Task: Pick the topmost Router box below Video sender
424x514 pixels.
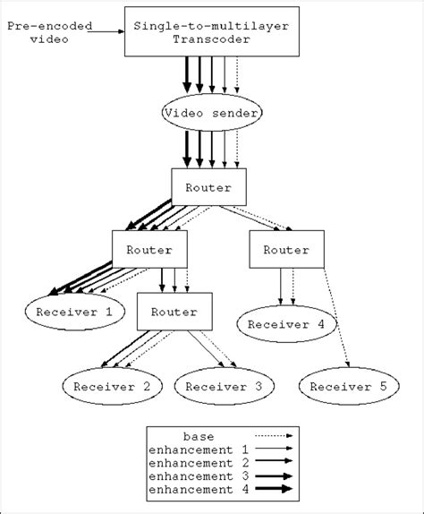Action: pyautogui.click(x=207, y=186)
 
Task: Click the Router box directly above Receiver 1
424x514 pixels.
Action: pyautogui.click(x=148, y=250)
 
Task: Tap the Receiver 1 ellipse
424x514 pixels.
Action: pyautogui.click(x=69, y=313)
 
